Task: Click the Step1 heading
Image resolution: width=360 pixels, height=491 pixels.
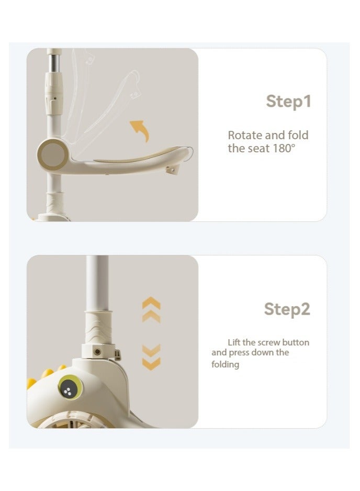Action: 288,102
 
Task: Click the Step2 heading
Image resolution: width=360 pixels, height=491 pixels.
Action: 287,309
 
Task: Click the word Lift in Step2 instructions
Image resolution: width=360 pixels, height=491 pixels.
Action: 234,342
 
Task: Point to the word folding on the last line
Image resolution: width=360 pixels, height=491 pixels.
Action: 225,364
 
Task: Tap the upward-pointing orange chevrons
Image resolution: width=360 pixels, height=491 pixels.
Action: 151,309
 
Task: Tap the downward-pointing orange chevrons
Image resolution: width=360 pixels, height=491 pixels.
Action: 151,358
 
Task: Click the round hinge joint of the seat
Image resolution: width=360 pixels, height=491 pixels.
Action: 52,154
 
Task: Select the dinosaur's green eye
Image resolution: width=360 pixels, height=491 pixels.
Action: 71,388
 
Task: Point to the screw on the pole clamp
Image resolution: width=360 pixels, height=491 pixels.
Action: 97,352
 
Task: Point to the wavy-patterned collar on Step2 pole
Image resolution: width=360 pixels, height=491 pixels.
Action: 98,327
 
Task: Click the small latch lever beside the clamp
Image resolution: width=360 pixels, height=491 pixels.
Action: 118,355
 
